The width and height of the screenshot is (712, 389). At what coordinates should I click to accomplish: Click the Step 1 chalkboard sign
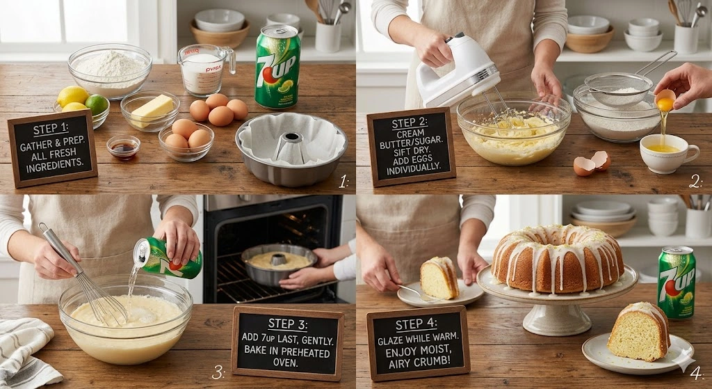[52, 148]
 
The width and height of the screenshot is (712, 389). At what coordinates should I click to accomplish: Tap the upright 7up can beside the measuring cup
[277, 67]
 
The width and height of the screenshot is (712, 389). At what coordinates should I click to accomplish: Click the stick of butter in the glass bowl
[152, 108]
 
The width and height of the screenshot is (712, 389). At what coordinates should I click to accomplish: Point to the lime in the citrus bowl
[97, 104]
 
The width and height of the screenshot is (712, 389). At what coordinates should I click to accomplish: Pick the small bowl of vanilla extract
[123, 147]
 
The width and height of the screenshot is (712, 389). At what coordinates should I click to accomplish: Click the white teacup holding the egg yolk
[668, 152]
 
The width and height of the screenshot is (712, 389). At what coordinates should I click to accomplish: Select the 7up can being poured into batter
[168, 257]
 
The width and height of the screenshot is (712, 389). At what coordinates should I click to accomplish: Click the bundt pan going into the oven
[280, 263]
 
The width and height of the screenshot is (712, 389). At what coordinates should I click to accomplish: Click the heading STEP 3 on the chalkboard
[286, 324]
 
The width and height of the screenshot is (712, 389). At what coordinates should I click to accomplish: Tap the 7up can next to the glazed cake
[677, 282]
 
